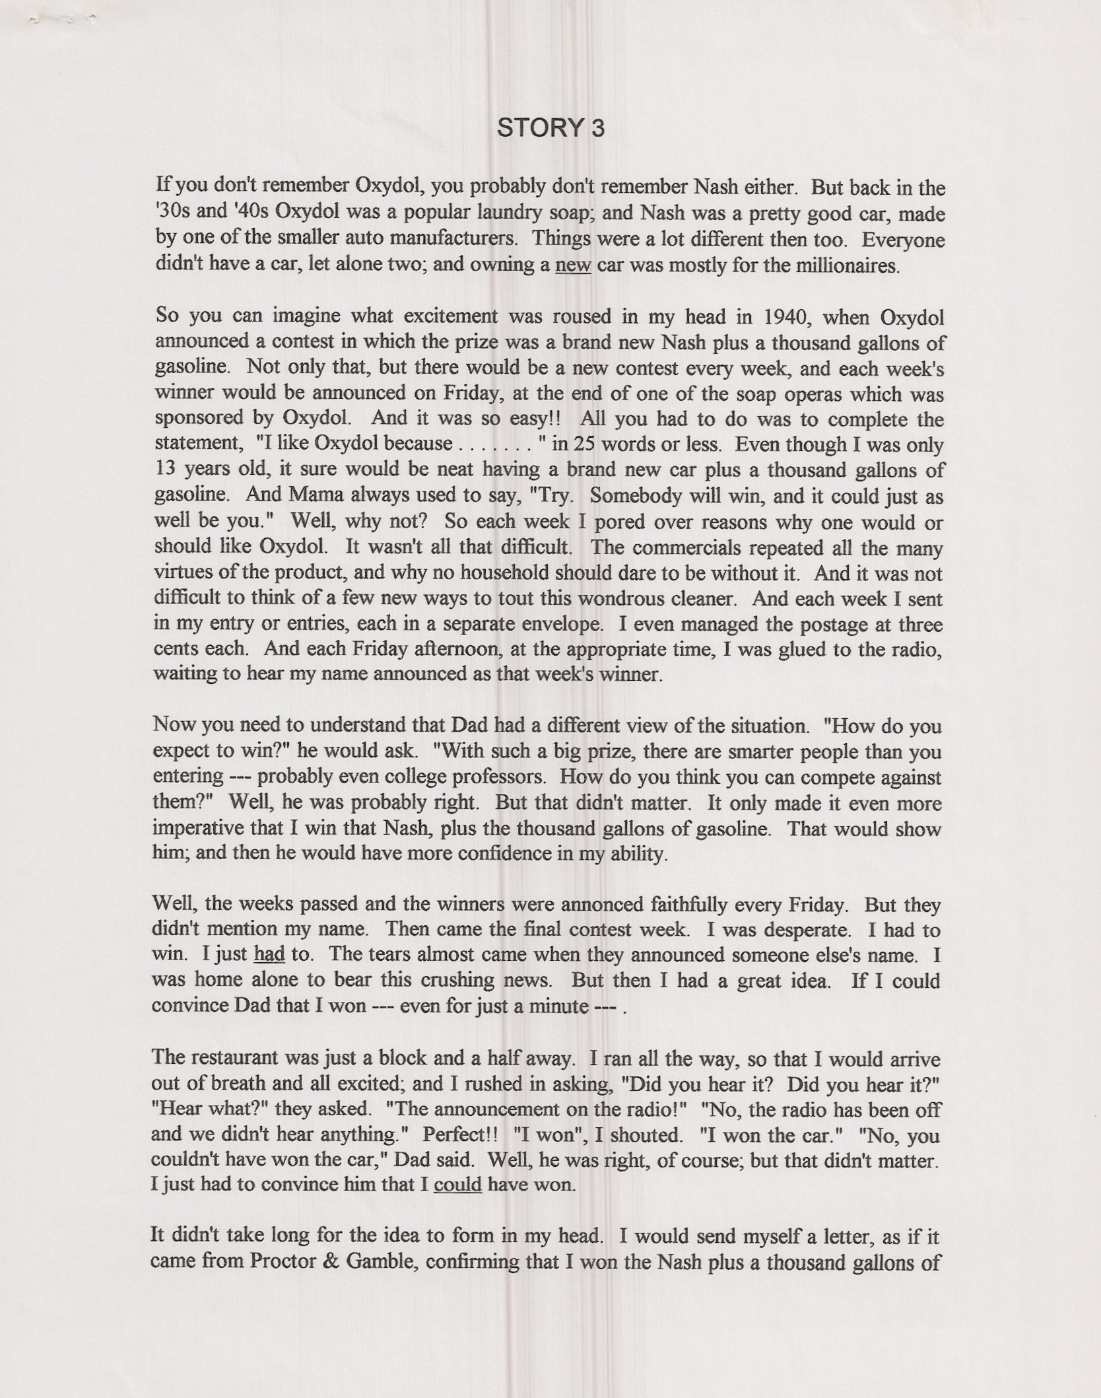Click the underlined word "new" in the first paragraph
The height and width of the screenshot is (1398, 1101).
[x=573, y=265]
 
